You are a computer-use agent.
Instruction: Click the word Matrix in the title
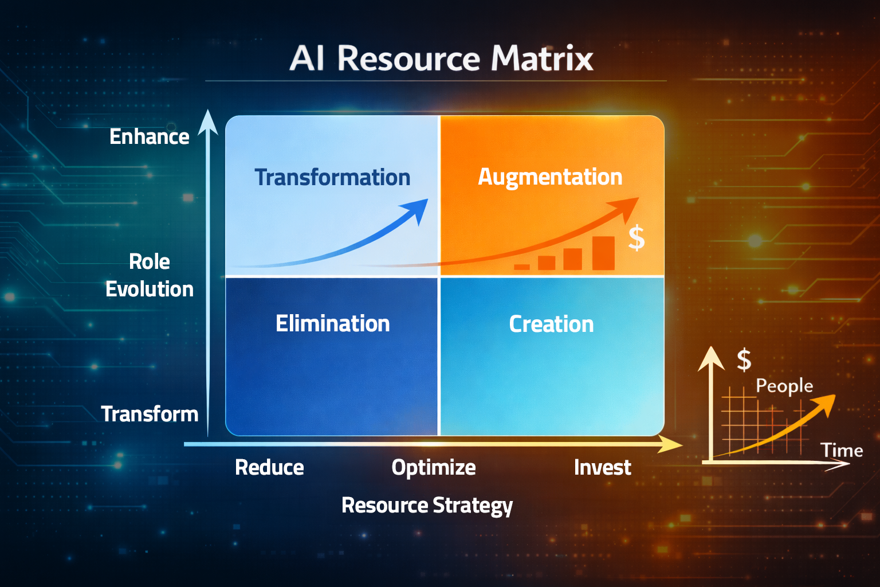coord(542,58)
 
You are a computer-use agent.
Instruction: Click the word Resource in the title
coord(408,58)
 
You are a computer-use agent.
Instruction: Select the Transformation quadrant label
coord(332,177)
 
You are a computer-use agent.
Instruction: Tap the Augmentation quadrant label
coord(550,178)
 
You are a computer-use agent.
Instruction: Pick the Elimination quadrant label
coord(332,323)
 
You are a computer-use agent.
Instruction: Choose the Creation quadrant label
coord(551,324)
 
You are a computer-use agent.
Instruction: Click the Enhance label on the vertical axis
coord(150,136)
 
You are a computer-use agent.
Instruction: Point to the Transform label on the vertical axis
coord(150,414)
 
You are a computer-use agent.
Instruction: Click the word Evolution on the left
coord(150,289)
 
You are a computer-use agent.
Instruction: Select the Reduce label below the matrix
coord(269,467)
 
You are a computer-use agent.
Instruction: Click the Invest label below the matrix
coord(602,467)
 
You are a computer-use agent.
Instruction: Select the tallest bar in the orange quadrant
coord(603,253)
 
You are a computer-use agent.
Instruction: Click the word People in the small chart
coord(784,386)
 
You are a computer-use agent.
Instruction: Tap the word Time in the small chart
coord(842,450)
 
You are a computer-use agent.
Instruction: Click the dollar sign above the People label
coord(744,361)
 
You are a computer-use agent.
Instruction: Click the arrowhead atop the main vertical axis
coord(208,122)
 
